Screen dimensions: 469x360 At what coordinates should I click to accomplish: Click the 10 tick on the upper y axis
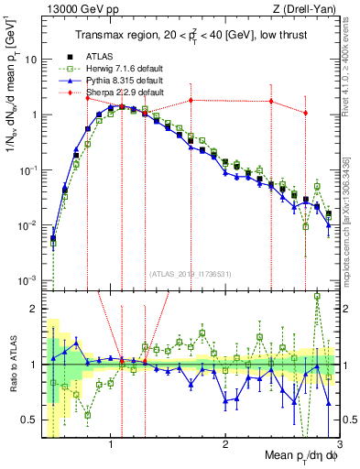(32, 60)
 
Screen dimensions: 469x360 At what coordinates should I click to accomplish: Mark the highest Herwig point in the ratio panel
(317, 296)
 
